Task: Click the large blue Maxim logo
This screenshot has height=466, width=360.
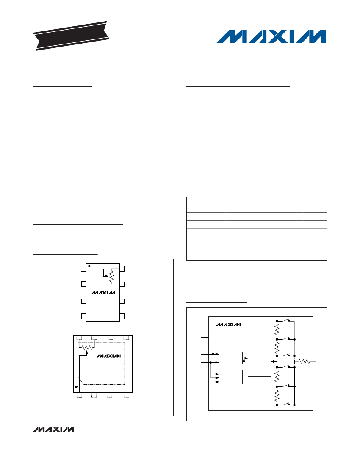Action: (271, 36)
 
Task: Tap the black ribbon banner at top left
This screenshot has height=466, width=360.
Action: (71, 36)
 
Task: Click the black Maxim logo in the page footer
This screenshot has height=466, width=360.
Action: (53, 429)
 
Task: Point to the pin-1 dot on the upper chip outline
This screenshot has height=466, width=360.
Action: (89, 266)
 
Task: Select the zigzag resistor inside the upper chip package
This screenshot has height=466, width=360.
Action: (111, 276)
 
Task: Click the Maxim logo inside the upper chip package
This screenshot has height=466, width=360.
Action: (103, 293)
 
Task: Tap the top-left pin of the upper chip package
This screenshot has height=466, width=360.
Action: (83, 269)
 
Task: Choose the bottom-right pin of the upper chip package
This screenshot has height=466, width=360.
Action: (122, 316)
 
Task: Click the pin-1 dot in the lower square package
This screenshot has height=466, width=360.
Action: (77, 387)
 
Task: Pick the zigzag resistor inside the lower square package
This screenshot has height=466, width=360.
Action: (87, 347)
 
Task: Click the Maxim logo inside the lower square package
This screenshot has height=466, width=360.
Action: (109, 356)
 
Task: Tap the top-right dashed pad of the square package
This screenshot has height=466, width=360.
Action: (126, 337)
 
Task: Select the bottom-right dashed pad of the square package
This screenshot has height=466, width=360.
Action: (126, 396)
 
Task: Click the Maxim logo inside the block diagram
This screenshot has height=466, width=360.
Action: (228, 325)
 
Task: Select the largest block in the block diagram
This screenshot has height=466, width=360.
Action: (260, 363)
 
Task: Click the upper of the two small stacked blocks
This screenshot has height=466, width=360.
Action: (231, 358)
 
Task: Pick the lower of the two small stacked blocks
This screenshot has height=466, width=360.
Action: (231, 377)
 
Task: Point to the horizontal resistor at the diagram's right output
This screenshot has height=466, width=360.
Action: (304, 361)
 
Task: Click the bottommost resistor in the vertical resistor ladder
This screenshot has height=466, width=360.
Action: (277, 396)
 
